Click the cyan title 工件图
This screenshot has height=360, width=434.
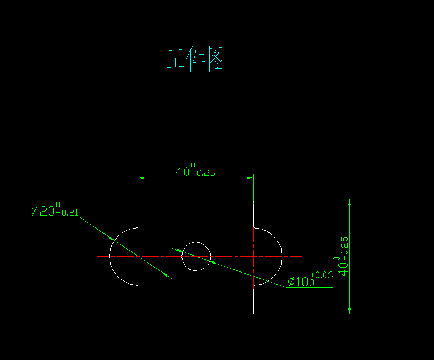tap(195, 59)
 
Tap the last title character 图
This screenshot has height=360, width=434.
tap(215, 59)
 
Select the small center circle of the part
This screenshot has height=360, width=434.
tap(196, 242)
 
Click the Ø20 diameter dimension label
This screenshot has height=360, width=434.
tap(43, 211)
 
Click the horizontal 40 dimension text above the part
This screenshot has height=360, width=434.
tap(183, 171)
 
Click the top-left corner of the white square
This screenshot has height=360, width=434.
tap(138, 199)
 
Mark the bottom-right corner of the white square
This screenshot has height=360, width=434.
tap(253, 314)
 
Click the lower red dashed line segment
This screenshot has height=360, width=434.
tap(138, 277)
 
